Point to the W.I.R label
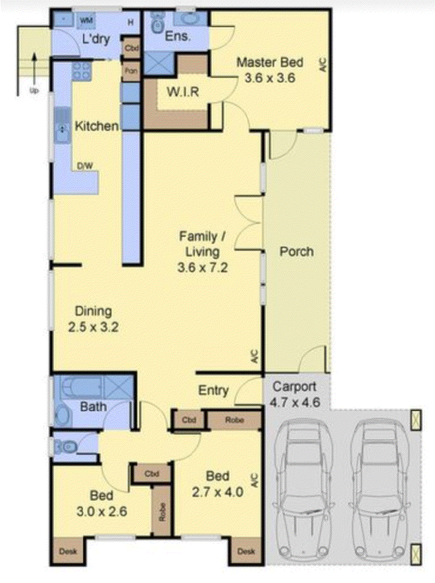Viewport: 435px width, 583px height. (183, 92)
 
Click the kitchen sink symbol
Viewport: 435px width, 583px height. (62, 129)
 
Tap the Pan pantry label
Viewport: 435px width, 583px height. (130, 71)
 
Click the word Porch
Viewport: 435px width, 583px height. (296, 251)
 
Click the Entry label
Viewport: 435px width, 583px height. (213, 391)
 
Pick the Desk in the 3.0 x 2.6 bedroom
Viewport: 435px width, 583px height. (68, 552)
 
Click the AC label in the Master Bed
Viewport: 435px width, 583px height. (322, 66)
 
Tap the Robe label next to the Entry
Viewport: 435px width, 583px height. (232, 420)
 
